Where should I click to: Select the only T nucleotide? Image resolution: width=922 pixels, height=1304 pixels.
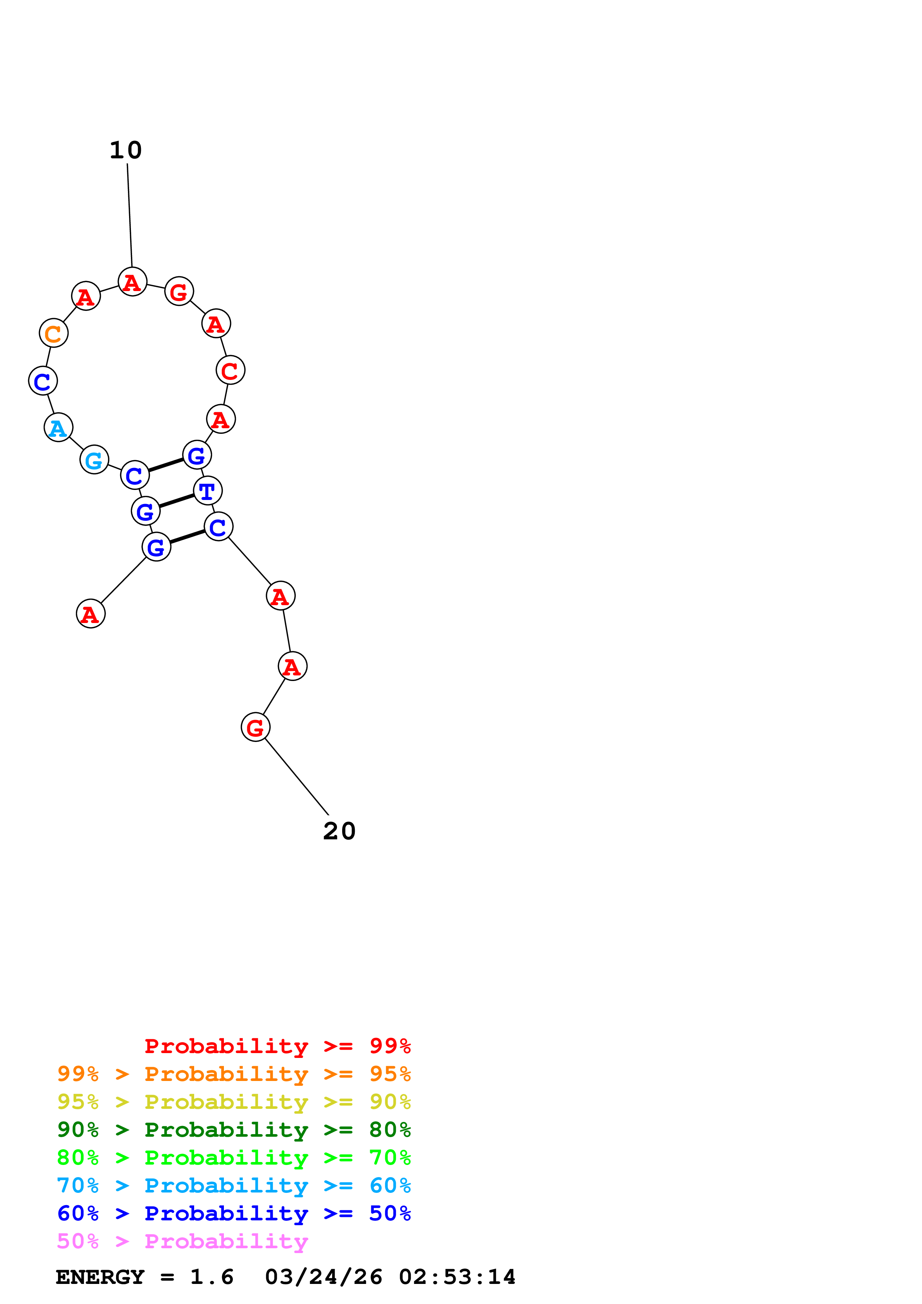(x=208, y=491)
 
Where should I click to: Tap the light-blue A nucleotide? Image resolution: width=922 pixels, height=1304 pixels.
(x=58, y=427)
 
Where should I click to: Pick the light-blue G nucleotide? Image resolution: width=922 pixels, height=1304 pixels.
(x=94, y=460)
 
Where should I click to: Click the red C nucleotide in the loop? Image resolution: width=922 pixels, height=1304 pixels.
(x=230, y=370)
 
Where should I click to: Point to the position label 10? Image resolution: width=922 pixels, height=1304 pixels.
(x=126, y=151)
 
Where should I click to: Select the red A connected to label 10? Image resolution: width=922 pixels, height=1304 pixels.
(x=132, y=282)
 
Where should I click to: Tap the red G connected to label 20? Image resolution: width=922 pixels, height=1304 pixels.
(x=256, y=727)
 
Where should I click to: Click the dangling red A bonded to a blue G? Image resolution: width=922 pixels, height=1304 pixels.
(x=91, y=614)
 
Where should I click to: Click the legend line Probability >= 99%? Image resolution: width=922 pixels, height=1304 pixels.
(x=277, y=1046)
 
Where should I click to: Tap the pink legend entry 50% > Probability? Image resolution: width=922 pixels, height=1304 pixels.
(x=182, y=1242)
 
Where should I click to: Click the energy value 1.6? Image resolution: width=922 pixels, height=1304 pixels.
(x=211, y=1277)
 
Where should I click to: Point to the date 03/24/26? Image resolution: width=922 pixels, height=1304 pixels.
(x=323, y=1277)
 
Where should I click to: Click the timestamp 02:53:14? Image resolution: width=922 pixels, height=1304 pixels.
(x=457, y=1277)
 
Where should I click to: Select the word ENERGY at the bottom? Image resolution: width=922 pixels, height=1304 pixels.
(x=100, y=1277)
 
